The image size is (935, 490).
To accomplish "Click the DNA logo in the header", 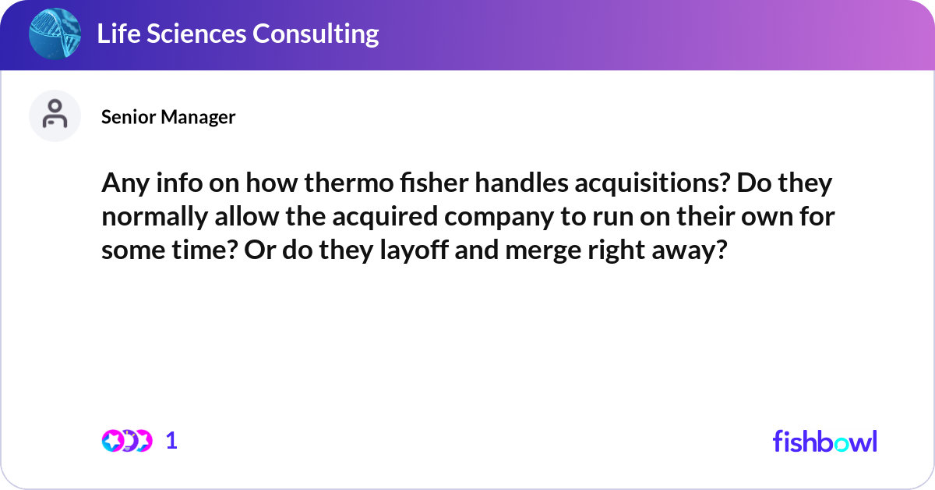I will (x=55, y=34).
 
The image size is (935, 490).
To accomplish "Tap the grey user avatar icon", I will (x=55, y=115).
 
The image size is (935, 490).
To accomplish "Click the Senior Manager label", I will (x=168, y=117).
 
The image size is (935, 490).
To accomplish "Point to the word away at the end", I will (x=690, y=250).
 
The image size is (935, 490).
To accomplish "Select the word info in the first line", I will (x=167, y=185).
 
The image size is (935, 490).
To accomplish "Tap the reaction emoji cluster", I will (x=125, y=441).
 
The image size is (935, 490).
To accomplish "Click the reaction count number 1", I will (x=171, y=441).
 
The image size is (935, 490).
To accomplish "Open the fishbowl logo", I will (x=824, y=441).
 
